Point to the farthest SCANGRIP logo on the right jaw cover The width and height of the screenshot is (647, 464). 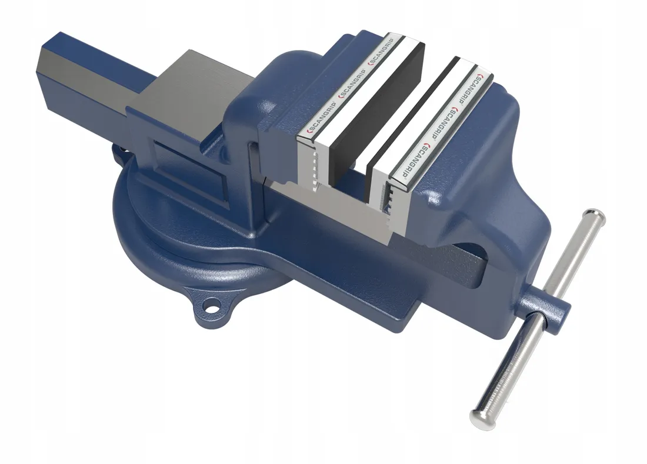click(474, 88)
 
